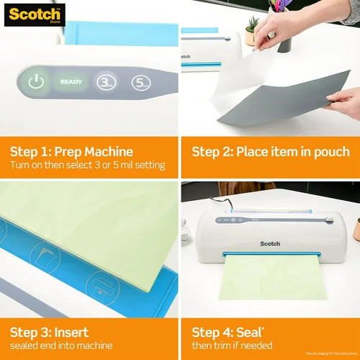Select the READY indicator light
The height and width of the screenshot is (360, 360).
[x=71, y=82]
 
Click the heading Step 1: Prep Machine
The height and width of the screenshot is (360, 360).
[x=71, y=152]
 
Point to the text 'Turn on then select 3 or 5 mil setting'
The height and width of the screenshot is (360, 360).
[x=87, y=166]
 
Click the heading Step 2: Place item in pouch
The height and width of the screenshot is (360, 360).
[x=270, y=152]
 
